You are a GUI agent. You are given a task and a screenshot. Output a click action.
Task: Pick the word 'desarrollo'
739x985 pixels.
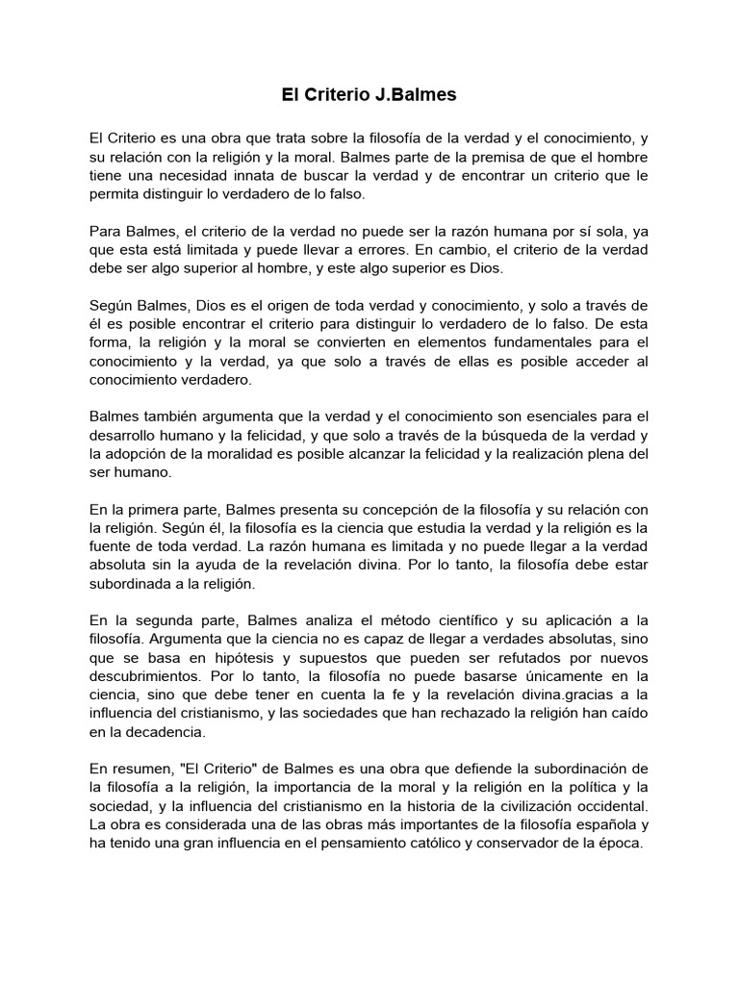coord(125,435)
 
